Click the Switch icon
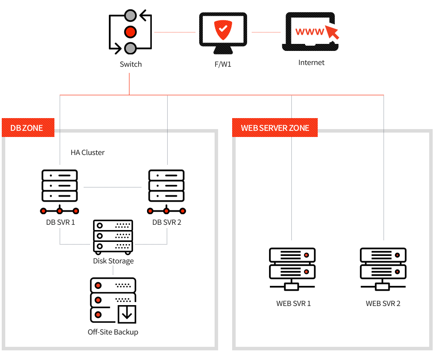pyautogui.click(x=130, y=32)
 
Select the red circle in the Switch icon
pyautogui.click(x=130, y=32)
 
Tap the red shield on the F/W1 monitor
pyautogui.click(x=223, y=29)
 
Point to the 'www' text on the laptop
pyautogui.click(x=309, y=32)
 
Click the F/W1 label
pyautogui.click(x=223, y=64)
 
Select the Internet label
pyautogui.click(x=312, y=63)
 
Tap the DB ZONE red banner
pyautogui.click(x=28, y=128)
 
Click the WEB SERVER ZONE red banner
pyautogui.click(x=275, y=128)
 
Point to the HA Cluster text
pyautogui.click(x=87, y=152)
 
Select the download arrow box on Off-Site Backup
pyautogui.click(x=127, y=314)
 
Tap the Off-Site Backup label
pyautogui.click(x=113, y=332)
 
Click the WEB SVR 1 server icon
pyautogui.click(x=292, y=269)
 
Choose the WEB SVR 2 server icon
pyautogui.click(x=383, y=269)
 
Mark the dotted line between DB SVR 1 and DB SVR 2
pyautogui.click(x=113, y=187)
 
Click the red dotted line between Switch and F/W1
pyautogui.click(x=175, y=32)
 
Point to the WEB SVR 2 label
pyautogui.click(x=383, y=303)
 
